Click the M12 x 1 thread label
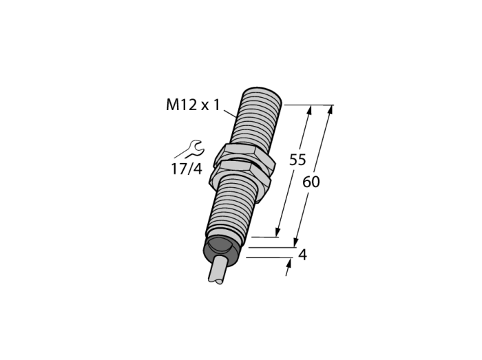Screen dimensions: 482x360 [193, 105]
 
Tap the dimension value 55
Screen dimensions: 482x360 [297, 160]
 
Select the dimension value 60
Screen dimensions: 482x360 [311, 182]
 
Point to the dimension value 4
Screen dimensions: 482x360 [303, 255]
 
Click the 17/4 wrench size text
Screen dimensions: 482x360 [187, 169]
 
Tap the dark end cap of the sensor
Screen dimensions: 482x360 [220, 251]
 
